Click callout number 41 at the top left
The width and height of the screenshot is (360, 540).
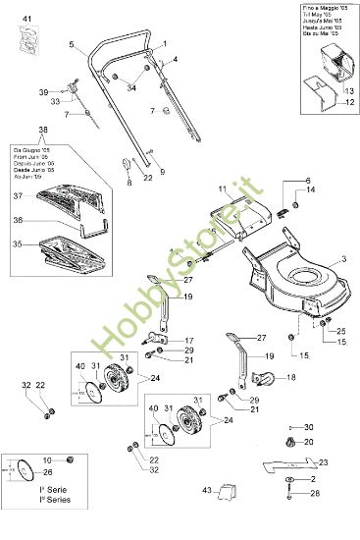(x=26, y=20)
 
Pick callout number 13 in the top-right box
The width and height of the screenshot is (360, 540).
(x=347, y=89)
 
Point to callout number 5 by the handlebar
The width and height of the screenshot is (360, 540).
(x=73, y=45)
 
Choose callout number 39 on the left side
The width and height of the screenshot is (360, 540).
(x=43, y=91)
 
